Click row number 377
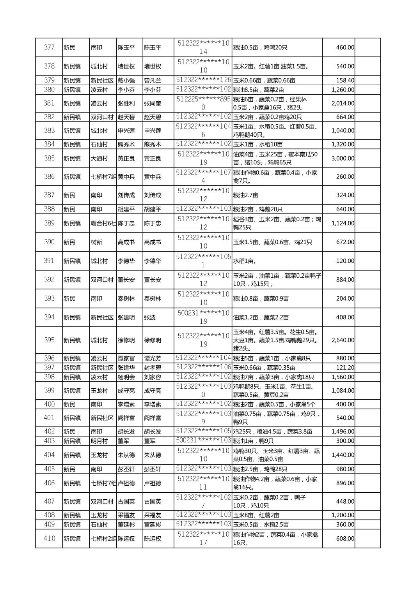click(x=49, y=48)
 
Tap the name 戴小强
click(x=126, y=81)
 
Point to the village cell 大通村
click(x=99, y=159)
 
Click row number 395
click(x=49, y=340)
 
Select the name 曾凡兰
click(x=153, y=81)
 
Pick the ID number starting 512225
click(x=203, y=103)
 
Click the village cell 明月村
click(x=99, y=441)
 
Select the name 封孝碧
click(x=153, y=368)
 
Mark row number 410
click(x=49, y=539)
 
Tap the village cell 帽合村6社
click(x=103, y=223)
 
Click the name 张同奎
click(x=153, y=103)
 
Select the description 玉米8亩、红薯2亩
click(x=256, y=515)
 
